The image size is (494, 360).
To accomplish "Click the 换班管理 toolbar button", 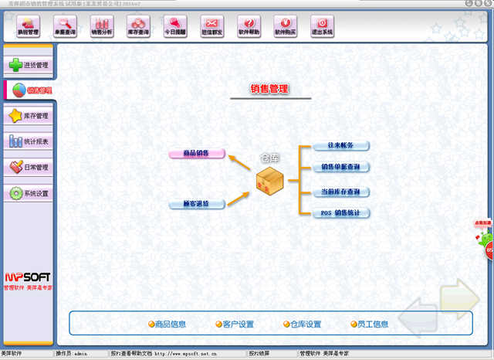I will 28,27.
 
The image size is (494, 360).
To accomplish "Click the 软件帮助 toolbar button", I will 249,27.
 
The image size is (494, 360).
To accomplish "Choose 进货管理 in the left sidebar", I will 29,65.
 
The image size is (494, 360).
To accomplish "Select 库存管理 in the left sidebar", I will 29,116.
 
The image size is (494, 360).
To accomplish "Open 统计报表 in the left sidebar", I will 29,141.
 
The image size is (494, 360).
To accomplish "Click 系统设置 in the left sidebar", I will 29,193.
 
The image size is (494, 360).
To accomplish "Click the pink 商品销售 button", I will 197,154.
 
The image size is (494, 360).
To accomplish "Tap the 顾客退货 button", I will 197,204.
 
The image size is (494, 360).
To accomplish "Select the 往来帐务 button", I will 340,145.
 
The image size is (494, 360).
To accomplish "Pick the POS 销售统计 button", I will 340,212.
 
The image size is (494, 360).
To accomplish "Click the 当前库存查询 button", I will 340,191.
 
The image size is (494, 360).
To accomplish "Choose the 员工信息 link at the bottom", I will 370,324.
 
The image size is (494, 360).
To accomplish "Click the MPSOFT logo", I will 28,277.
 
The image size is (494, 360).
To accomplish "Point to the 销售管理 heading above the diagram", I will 269,90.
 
